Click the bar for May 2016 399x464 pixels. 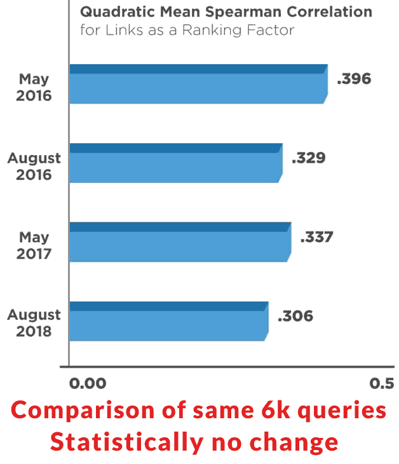tap(197, 84)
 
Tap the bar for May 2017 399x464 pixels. tap(179, 242)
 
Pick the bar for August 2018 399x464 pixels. tap(168, 321)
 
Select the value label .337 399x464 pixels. tap(316, 237)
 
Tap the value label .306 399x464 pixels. tap(295, 316)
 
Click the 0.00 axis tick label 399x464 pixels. tap(86, 383)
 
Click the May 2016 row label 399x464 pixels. tap(34, 88)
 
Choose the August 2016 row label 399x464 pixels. tap(34, 167)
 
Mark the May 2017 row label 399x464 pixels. tap(34, 245)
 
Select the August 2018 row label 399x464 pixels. tap(34, 324)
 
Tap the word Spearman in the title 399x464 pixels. tap(249, 13)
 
